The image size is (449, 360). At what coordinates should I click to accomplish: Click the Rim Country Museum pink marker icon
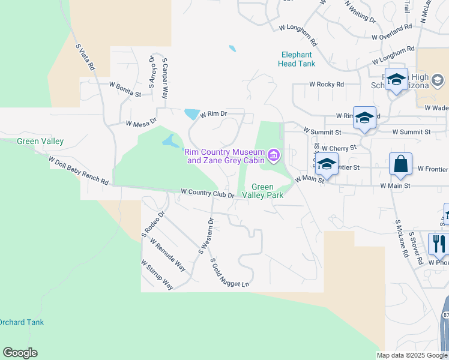(274, 157)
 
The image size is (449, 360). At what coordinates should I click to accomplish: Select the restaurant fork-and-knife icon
(439, 244)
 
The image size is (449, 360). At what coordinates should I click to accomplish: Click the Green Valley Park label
(267, 191)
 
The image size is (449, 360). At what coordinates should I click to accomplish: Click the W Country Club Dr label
(207, 193)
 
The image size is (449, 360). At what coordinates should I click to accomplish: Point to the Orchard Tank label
(22, 322)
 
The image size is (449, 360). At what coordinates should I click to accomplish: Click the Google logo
(20, 353)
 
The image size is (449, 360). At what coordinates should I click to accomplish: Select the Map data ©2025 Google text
(412, 355)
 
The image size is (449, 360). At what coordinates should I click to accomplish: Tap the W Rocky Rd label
(327, 85)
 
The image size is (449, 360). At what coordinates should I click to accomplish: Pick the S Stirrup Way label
(157, 275)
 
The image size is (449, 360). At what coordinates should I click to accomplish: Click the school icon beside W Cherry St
(327, 164)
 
